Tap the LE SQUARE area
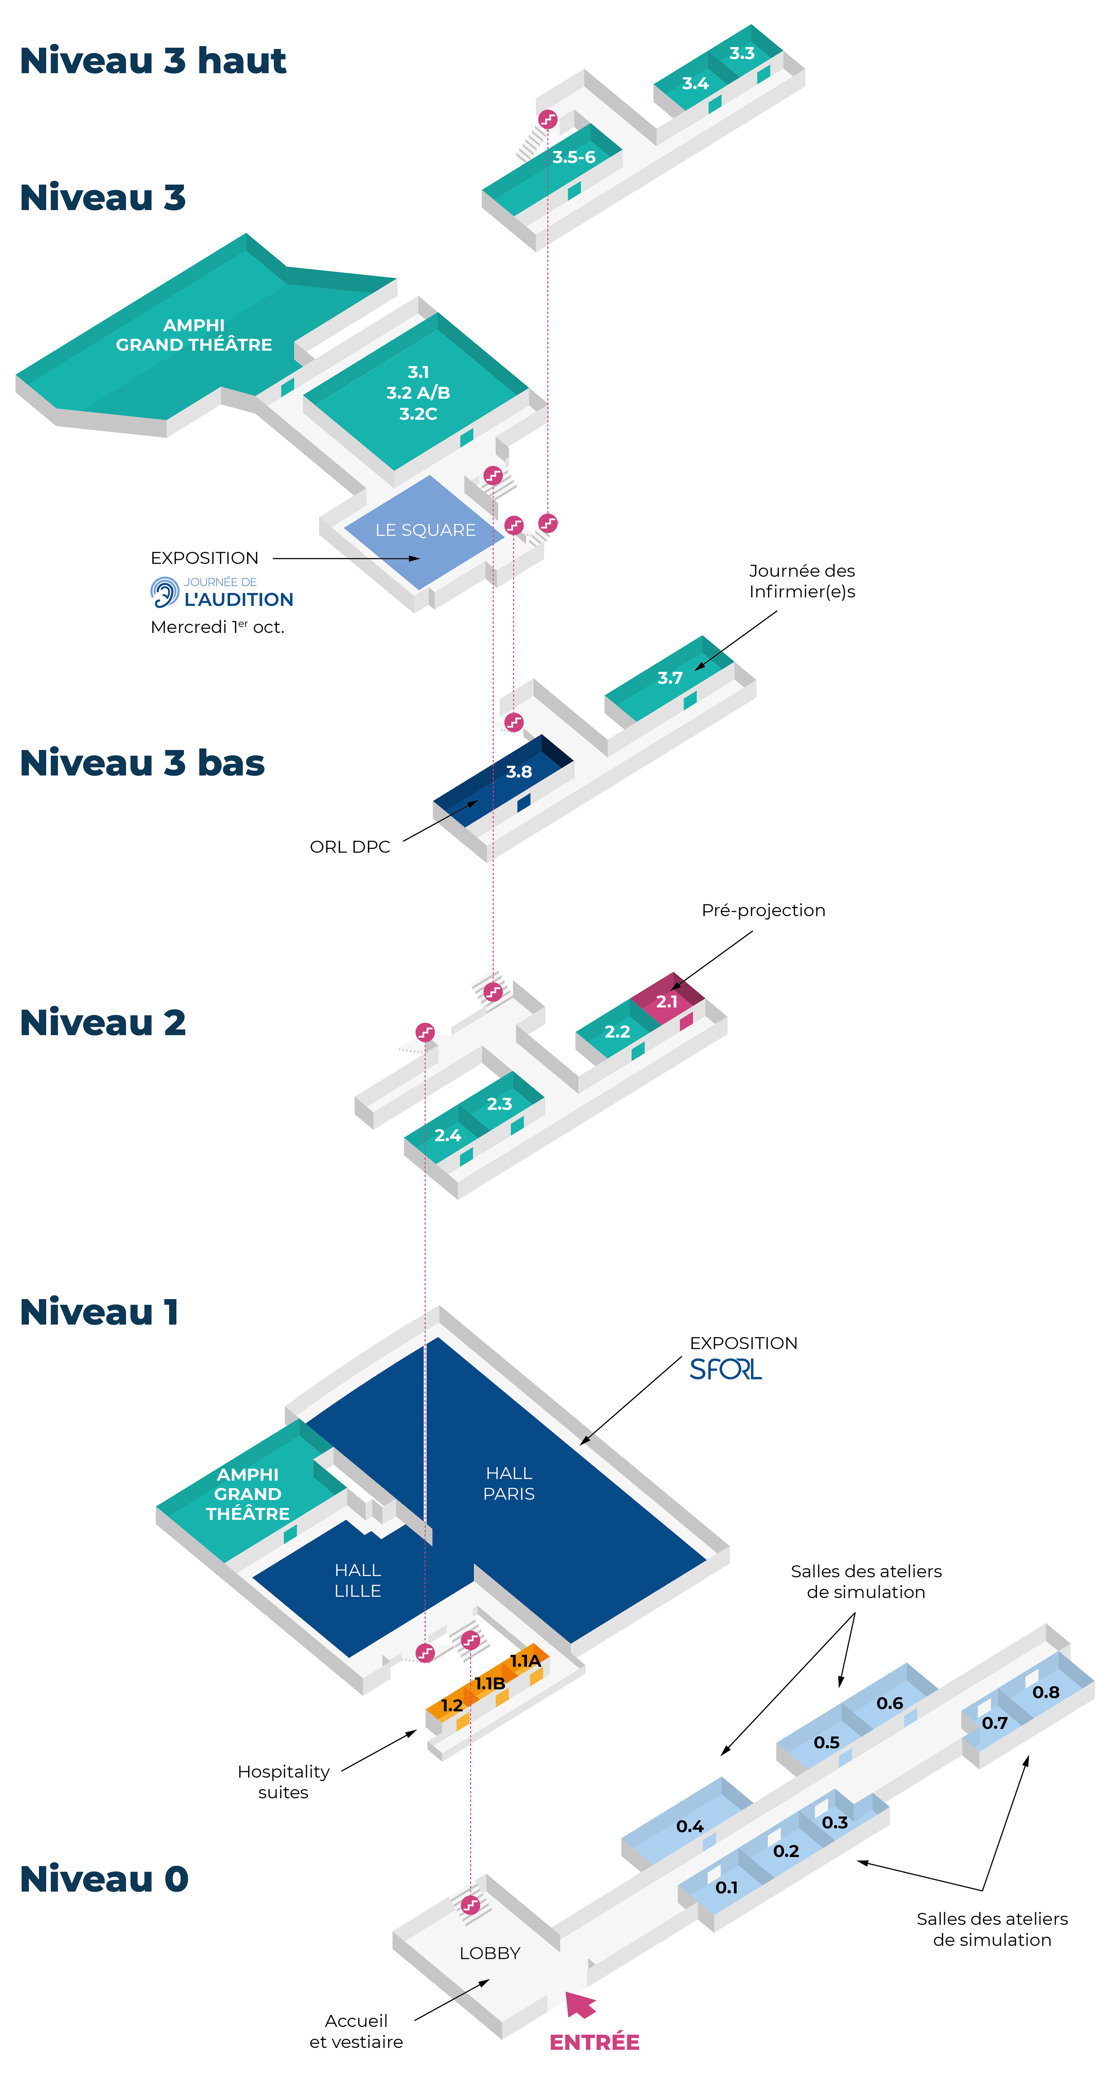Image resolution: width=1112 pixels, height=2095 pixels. pyautogui.click(x=425, y=530)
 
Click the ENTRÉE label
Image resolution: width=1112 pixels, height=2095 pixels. pyautogui.click(x=594, y=2042)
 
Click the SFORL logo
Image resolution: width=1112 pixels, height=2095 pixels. pyautogui.click(x=725, y=1370)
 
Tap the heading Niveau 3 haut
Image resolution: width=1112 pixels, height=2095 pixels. pyautogui.click(x=153, y=61)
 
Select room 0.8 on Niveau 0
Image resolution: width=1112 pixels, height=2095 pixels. pyautogui.click(x=1045, y=1692)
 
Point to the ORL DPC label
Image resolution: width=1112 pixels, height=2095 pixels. pyautogui.click(x=350, y=847)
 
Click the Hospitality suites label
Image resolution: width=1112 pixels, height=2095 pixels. pyautogui.click(x=283, y=1782)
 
